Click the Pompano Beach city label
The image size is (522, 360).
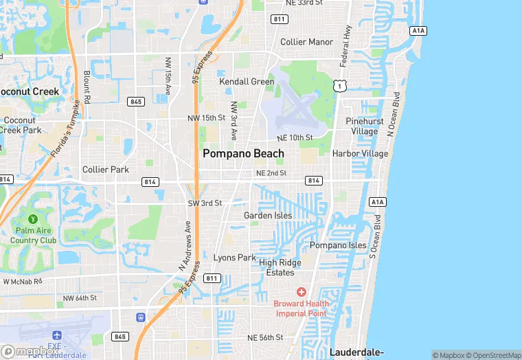pos(243,154)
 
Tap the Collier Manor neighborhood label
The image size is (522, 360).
pos(306,42)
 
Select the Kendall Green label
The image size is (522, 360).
pos(247,81)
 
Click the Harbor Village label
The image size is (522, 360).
pos(360,153)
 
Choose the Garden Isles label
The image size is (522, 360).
pos(268,216)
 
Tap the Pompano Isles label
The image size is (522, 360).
pos(338,245)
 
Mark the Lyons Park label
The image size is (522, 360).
pos(234,258)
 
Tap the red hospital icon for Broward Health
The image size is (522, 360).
pos(301,292)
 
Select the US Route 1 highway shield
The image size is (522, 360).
pos(339,84)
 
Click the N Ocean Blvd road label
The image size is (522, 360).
pos(393,113)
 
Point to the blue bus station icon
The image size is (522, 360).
pos(141,317)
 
